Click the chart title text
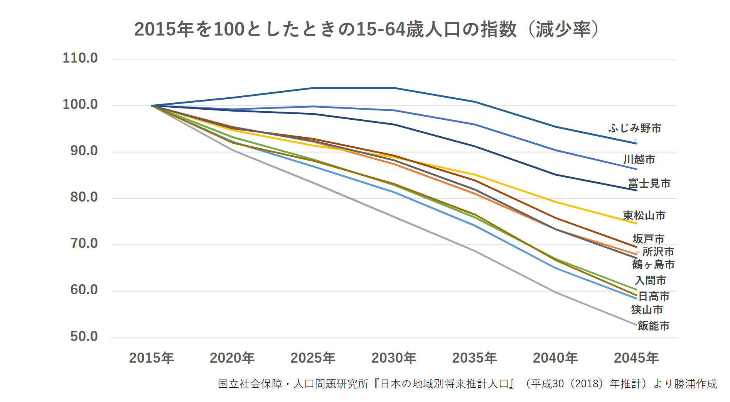coord(366,29)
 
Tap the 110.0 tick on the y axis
coord(80,58)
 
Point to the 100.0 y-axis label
coord(80,105)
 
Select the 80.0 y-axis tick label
coord(84,197)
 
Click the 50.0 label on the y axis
coord(84,336)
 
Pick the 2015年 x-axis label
coord(151,358)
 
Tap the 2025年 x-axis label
coord(313,358)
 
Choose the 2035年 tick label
coord(474,358)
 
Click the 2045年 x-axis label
coord(636,358)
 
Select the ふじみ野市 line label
coord(635,128)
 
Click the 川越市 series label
coord(639,159)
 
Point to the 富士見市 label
coord(649,183)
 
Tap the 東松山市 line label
coord(644,215)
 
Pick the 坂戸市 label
coord(648,239)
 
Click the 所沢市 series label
coord(658,252)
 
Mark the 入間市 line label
coord(650,280)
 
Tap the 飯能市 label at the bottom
coord(653,326)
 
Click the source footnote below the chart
coord(467,384)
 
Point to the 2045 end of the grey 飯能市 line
coord(636,325)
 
